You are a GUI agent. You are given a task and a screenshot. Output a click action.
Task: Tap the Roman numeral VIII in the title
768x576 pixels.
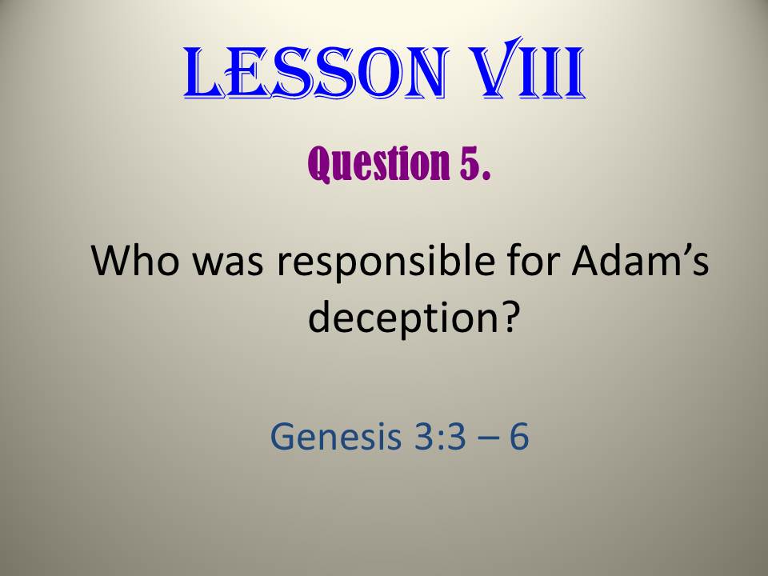click(x=526, y=68)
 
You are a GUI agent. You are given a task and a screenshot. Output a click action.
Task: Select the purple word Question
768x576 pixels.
click(x=378, y=163)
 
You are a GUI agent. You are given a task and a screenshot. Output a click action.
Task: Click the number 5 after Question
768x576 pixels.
click(x=470, y=163)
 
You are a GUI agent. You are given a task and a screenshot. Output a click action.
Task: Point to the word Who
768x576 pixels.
click(x=135, y=259)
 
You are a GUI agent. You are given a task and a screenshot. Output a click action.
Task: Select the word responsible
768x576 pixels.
click(x=386, y=263)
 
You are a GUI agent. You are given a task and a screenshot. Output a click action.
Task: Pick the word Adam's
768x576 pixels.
click(x=640, y=259)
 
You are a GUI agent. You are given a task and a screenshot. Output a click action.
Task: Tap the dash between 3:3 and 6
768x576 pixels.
click(x=488, y=438)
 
